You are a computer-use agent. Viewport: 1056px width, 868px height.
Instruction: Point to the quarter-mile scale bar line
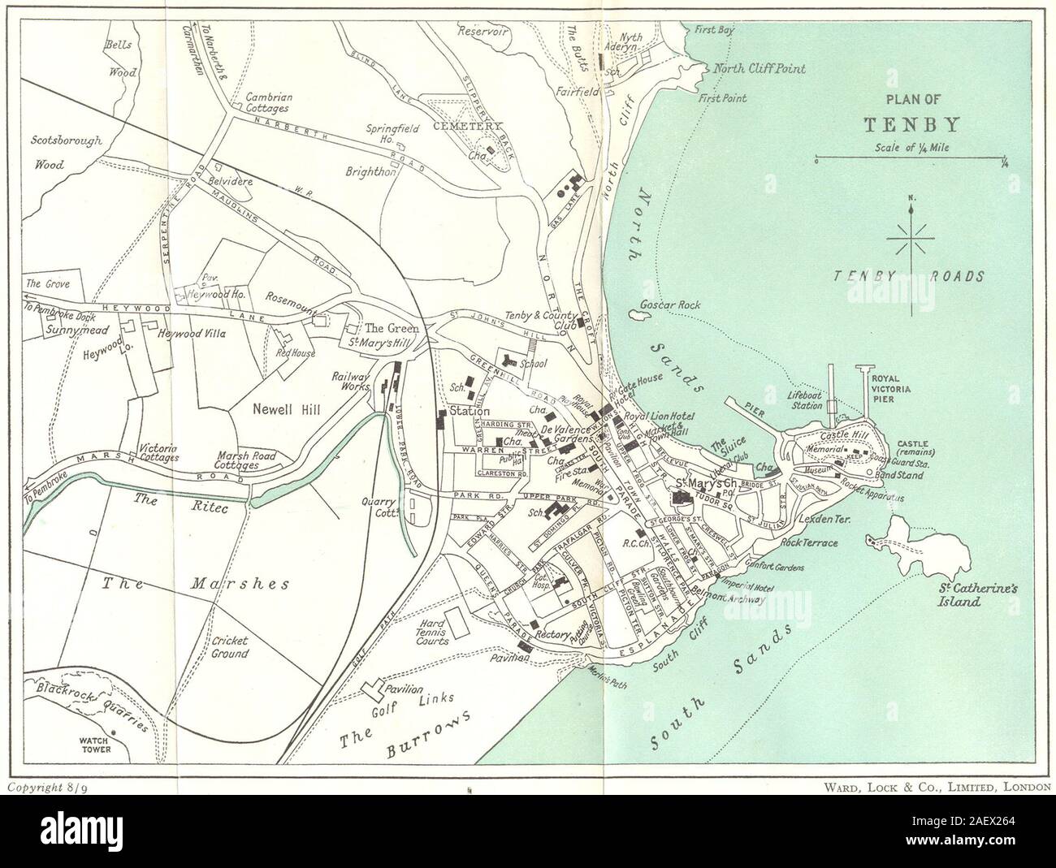[x=911, y=160]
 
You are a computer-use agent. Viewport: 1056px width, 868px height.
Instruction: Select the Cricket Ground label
[x=229, y=646]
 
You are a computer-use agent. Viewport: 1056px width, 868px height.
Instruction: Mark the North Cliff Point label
[x=759, y=69]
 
